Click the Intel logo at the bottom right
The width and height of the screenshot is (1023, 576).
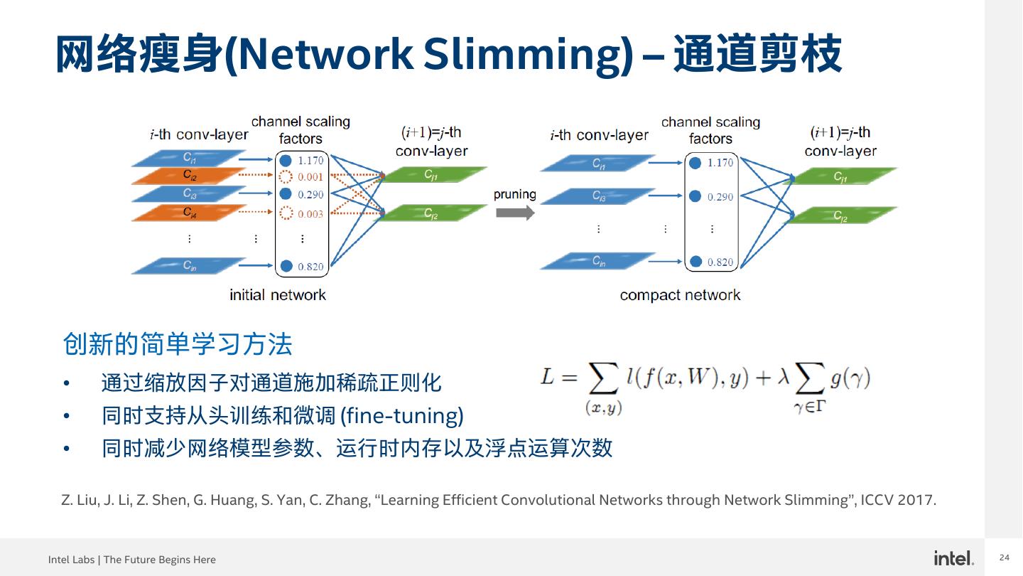(x=953, y=558)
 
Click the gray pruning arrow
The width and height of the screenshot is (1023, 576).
(x=514, y=212)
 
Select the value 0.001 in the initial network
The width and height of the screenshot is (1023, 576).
(x=310, y=177)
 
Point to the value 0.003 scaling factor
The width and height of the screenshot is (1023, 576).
(x=310, y=213)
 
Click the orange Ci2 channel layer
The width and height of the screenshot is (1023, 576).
(x=189, y=176)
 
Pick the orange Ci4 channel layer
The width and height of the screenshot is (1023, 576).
(x=189, y=212)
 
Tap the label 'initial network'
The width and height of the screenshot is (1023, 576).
(x=278, y=294)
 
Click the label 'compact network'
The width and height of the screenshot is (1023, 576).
(x=680, y=294)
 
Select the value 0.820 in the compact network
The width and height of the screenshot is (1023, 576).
(x=720, y=262)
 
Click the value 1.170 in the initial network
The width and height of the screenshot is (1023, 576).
(x=310, y=161)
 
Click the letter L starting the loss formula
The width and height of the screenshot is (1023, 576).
(x=547, y=376)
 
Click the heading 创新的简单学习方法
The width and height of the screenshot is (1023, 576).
(x=178, y=344)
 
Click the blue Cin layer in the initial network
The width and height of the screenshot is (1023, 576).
(x=189, y=265)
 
